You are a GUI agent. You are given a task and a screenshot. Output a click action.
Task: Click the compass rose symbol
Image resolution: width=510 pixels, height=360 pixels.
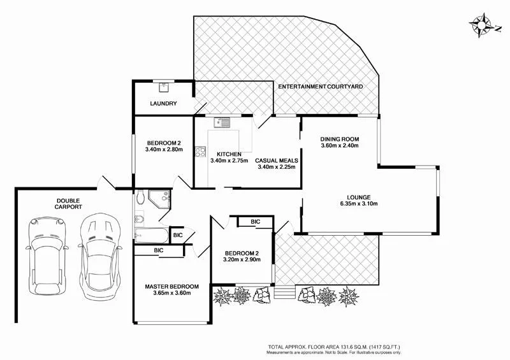(x=481, y=25)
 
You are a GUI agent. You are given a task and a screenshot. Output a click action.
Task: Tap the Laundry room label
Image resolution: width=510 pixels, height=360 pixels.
(x=163, y=103)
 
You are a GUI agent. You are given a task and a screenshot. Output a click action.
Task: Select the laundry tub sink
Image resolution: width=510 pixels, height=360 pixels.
(x=164, y=87)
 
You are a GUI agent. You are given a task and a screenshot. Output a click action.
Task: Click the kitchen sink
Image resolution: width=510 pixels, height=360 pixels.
(x=222, y=122)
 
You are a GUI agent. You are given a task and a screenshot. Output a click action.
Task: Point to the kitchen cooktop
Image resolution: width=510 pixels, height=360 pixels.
(x=200, y=152)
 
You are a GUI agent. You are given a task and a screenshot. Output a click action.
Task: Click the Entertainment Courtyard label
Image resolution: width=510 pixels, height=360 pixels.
(x=321, y=87)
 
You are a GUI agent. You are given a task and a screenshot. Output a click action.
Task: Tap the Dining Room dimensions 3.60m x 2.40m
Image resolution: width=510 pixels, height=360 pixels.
(x=340, y=145)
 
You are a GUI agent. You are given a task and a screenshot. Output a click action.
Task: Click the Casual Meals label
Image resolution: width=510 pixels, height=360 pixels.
(x=277, y=161)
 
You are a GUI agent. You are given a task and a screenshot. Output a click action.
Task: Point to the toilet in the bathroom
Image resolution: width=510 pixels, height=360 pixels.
(x=140, y=197)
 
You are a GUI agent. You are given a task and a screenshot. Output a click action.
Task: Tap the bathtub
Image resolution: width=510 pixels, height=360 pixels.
(x=152, y=236)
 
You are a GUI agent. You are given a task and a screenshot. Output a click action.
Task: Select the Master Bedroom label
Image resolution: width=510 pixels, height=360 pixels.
(x=171, y=287)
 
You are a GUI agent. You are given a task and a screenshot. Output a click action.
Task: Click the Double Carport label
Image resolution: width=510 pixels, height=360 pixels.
(x=68, y=204)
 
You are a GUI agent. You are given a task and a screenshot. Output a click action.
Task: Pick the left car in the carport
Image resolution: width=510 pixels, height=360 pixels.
(x=47, y=256)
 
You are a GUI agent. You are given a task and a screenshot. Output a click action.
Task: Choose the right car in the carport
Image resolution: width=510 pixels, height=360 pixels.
(x=100, y=256)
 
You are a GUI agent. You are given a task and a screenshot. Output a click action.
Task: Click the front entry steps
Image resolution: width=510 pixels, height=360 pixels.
(x=284, y=292)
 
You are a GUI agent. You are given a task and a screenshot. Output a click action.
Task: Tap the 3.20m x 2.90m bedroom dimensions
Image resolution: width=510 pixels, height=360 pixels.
(x=242, y=259)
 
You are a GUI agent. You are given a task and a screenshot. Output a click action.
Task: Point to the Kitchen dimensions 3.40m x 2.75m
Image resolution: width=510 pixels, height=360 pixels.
(x=229, y=161)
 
